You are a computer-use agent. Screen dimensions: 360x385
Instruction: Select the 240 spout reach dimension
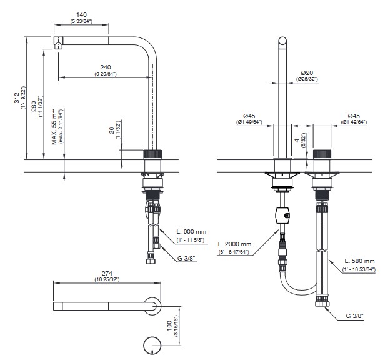tap(106, 67)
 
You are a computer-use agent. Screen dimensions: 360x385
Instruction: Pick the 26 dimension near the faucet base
tap(112, 130)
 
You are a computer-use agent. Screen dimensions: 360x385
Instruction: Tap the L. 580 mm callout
tap(360, 261)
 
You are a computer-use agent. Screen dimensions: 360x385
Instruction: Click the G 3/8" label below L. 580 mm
tap(354, 316)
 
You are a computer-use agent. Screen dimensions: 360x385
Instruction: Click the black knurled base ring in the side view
tap(153, 154)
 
